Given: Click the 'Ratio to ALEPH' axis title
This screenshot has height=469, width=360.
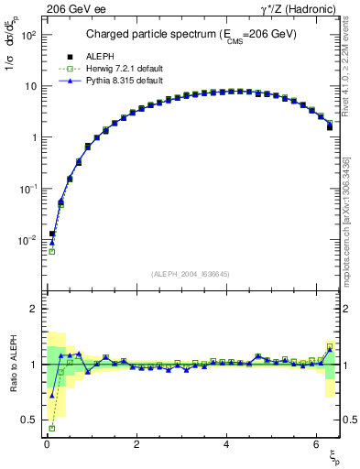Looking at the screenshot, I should pos(11,366).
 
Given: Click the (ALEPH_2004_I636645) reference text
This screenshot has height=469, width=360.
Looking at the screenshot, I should pos(191,274).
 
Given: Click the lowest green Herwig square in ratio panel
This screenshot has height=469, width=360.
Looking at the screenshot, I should pos(51,428).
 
